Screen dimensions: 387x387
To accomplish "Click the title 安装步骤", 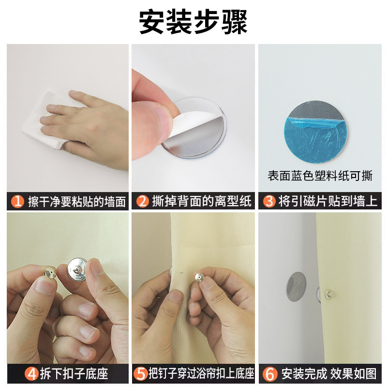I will point(193,22).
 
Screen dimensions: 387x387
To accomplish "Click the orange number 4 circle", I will point(17,373).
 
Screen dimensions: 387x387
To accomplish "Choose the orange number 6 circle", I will point(270,373).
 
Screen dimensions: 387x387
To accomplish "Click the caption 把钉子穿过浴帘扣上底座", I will point(201,373).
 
